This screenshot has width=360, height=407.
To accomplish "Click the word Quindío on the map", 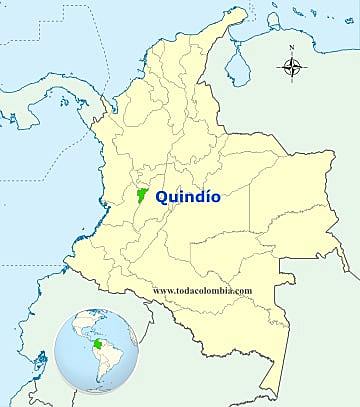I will [188, 198].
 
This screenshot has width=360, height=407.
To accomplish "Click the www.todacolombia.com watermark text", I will [202, 290].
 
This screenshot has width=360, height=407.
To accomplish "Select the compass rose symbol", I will [292, 69].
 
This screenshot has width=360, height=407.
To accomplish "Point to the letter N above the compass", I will [292, 48].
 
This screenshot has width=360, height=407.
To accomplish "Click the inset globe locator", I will [96, 351].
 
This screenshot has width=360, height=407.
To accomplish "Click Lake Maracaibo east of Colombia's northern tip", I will [236, 66].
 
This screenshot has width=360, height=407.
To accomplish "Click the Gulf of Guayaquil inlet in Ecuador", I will [30, 356].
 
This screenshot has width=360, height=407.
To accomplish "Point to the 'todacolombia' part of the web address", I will [206, 290].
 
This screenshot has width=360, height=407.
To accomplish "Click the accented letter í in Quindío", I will [204, 198].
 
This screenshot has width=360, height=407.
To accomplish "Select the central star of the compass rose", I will [292, 69].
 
